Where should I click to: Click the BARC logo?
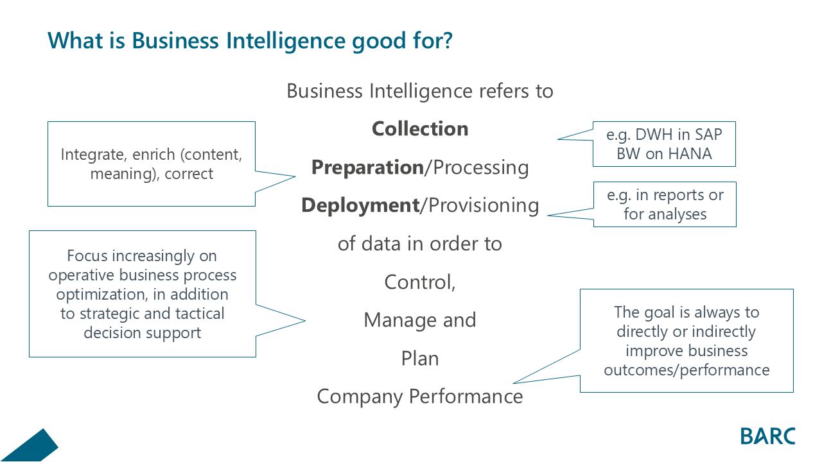pyautogui.click(x=767, y=436)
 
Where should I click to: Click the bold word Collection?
pyautogui.click(x=420, y=128)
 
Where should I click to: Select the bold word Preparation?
pyautogui.click(x=367, y=167)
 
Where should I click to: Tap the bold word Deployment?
pyautogui.click(x=360, y=205)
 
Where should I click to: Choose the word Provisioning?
pyautogui.click(x=484, y=205)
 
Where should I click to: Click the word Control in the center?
pyautogui.click(x=418, y=282)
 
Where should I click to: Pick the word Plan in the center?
pyautogui.click(x=420, y=359)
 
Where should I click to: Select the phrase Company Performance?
pyautogui.click(x=420, y=397)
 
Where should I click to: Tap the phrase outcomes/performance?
pyautogui.click(x=686, y=370)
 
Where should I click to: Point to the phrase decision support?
pyautogui.click(x=142, y=333)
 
